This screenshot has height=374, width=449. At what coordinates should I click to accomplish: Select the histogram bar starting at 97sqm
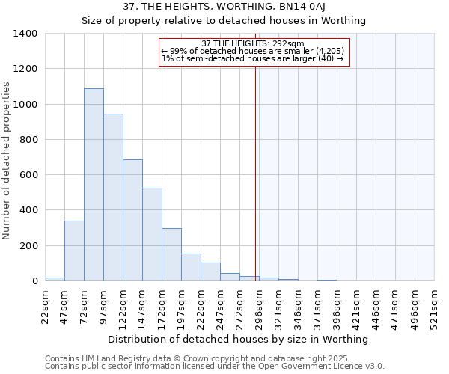[x=113, y=197]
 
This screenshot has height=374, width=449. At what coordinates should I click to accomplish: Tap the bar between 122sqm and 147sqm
[x=132, y=220]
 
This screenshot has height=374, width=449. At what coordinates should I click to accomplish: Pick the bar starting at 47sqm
[x=74, y=251]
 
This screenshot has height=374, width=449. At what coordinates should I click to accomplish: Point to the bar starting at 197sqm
[x=191, y=267]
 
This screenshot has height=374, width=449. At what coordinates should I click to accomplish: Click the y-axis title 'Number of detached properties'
[x=7, y=157]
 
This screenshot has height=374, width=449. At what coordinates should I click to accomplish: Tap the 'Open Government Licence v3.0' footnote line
[x=215, y=367]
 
